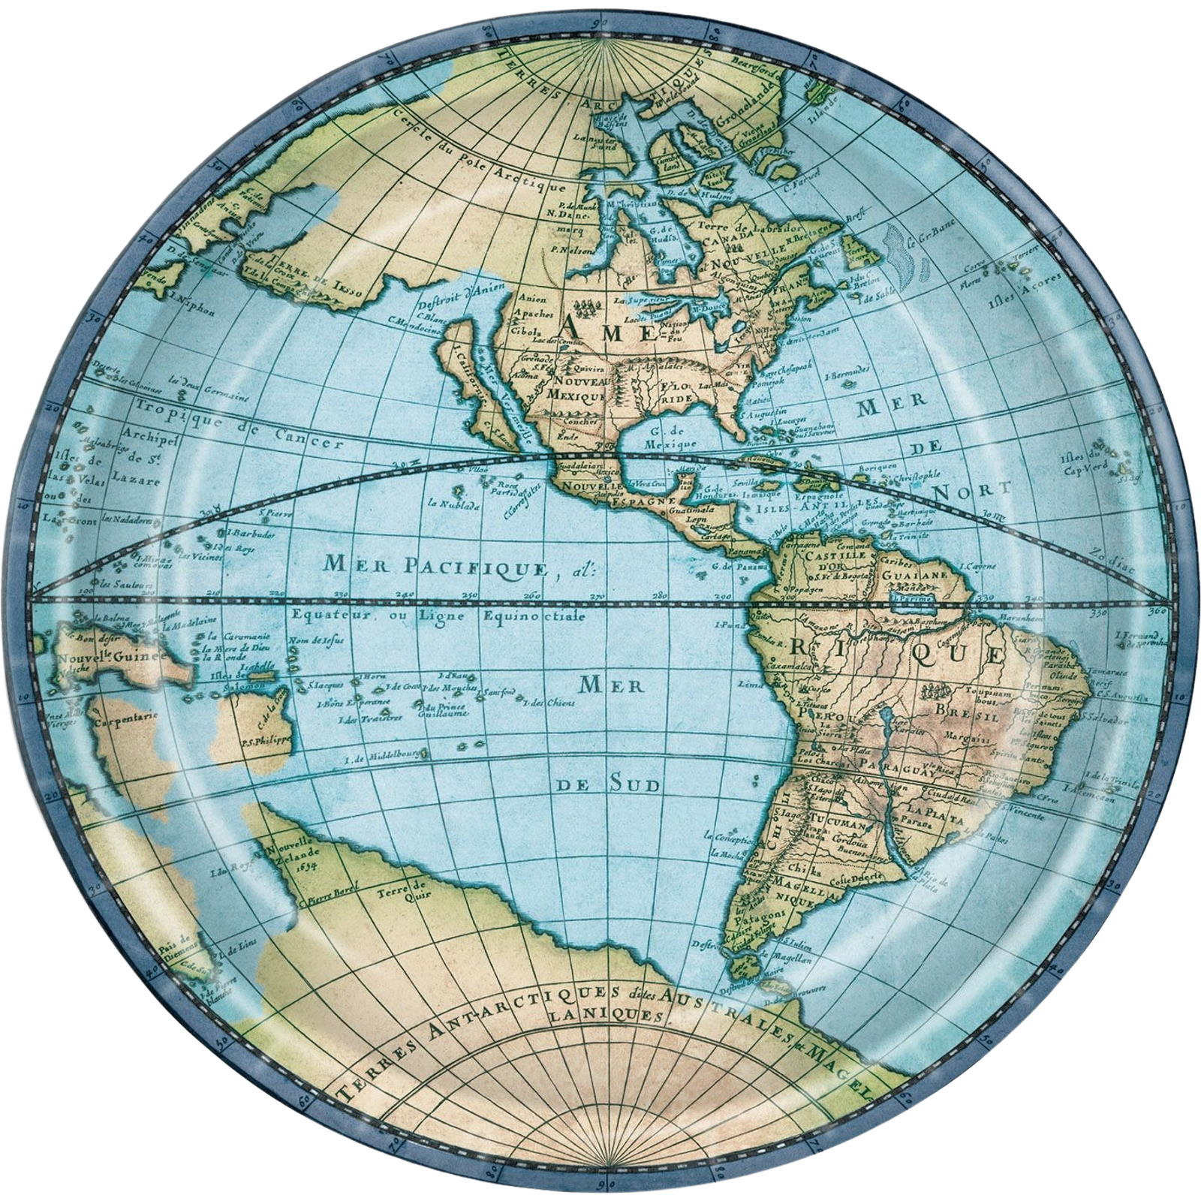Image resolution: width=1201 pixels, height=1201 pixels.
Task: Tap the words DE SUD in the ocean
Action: click(x=608, y=785)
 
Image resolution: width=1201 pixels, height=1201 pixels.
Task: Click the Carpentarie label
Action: click(x=125, y=716)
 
